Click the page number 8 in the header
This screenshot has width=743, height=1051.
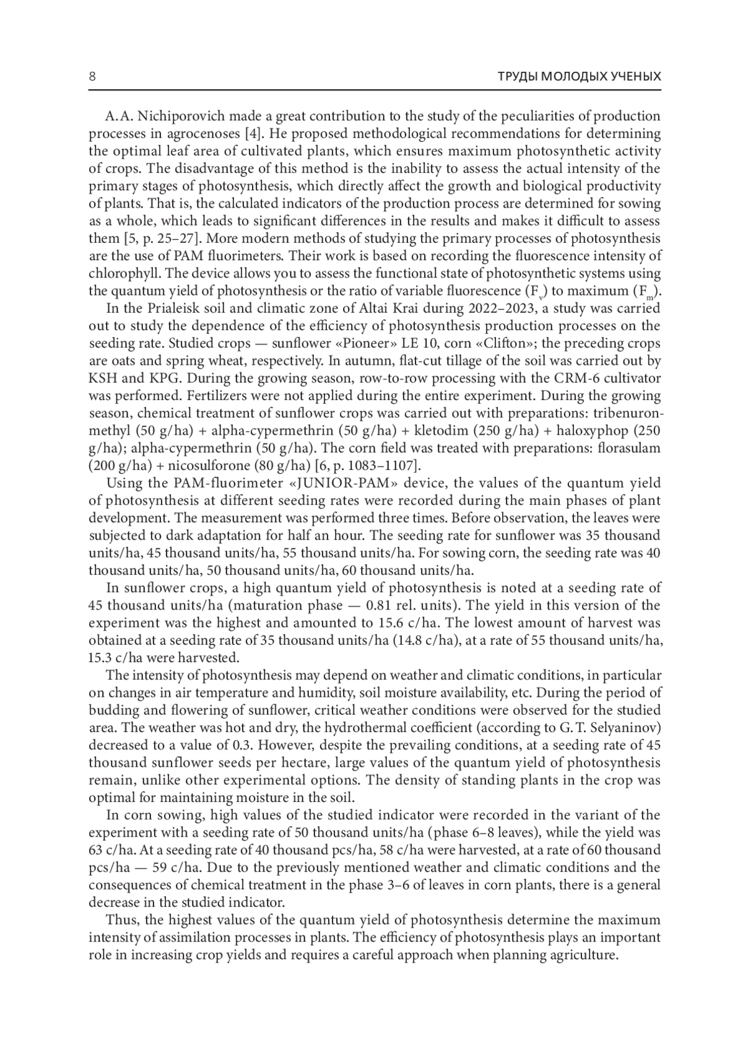(x=92, y=77)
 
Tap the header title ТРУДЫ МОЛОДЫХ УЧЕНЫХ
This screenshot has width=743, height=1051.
(x=580, y=77)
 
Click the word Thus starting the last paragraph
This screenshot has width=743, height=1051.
(x=121, y=920)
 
